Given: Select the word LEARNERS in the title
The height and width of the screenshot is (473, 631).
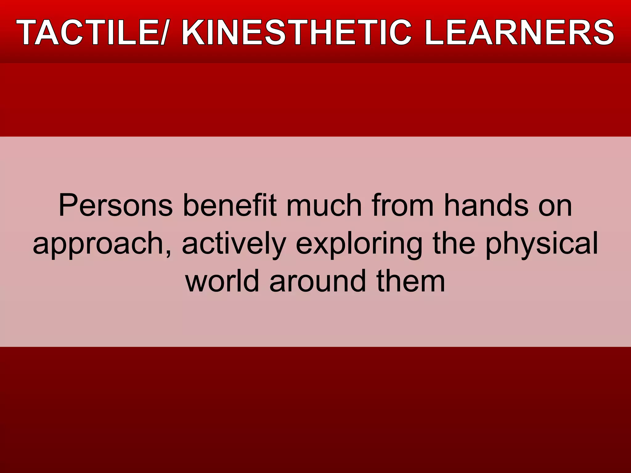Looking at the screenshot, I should [519, 32].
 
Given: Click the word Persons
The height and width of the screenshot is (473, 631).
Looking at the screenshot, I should [116, 206].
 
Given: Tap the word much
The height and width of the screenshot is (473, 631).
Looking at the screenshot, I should [324, 206].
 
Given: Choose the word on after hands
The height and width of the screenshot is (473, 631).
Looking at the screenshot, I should [555, 206].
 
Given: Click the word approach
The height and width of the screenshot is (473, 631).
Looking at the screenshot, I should [97, 245].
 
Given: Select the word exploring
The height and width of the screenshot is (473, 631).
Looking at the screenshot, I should [359, 245].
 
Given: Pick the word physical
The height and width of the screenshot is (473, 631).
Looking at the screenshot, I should [542, 245].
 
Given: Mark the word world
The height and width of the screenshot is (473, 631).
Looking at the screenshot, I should [222, 281].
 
